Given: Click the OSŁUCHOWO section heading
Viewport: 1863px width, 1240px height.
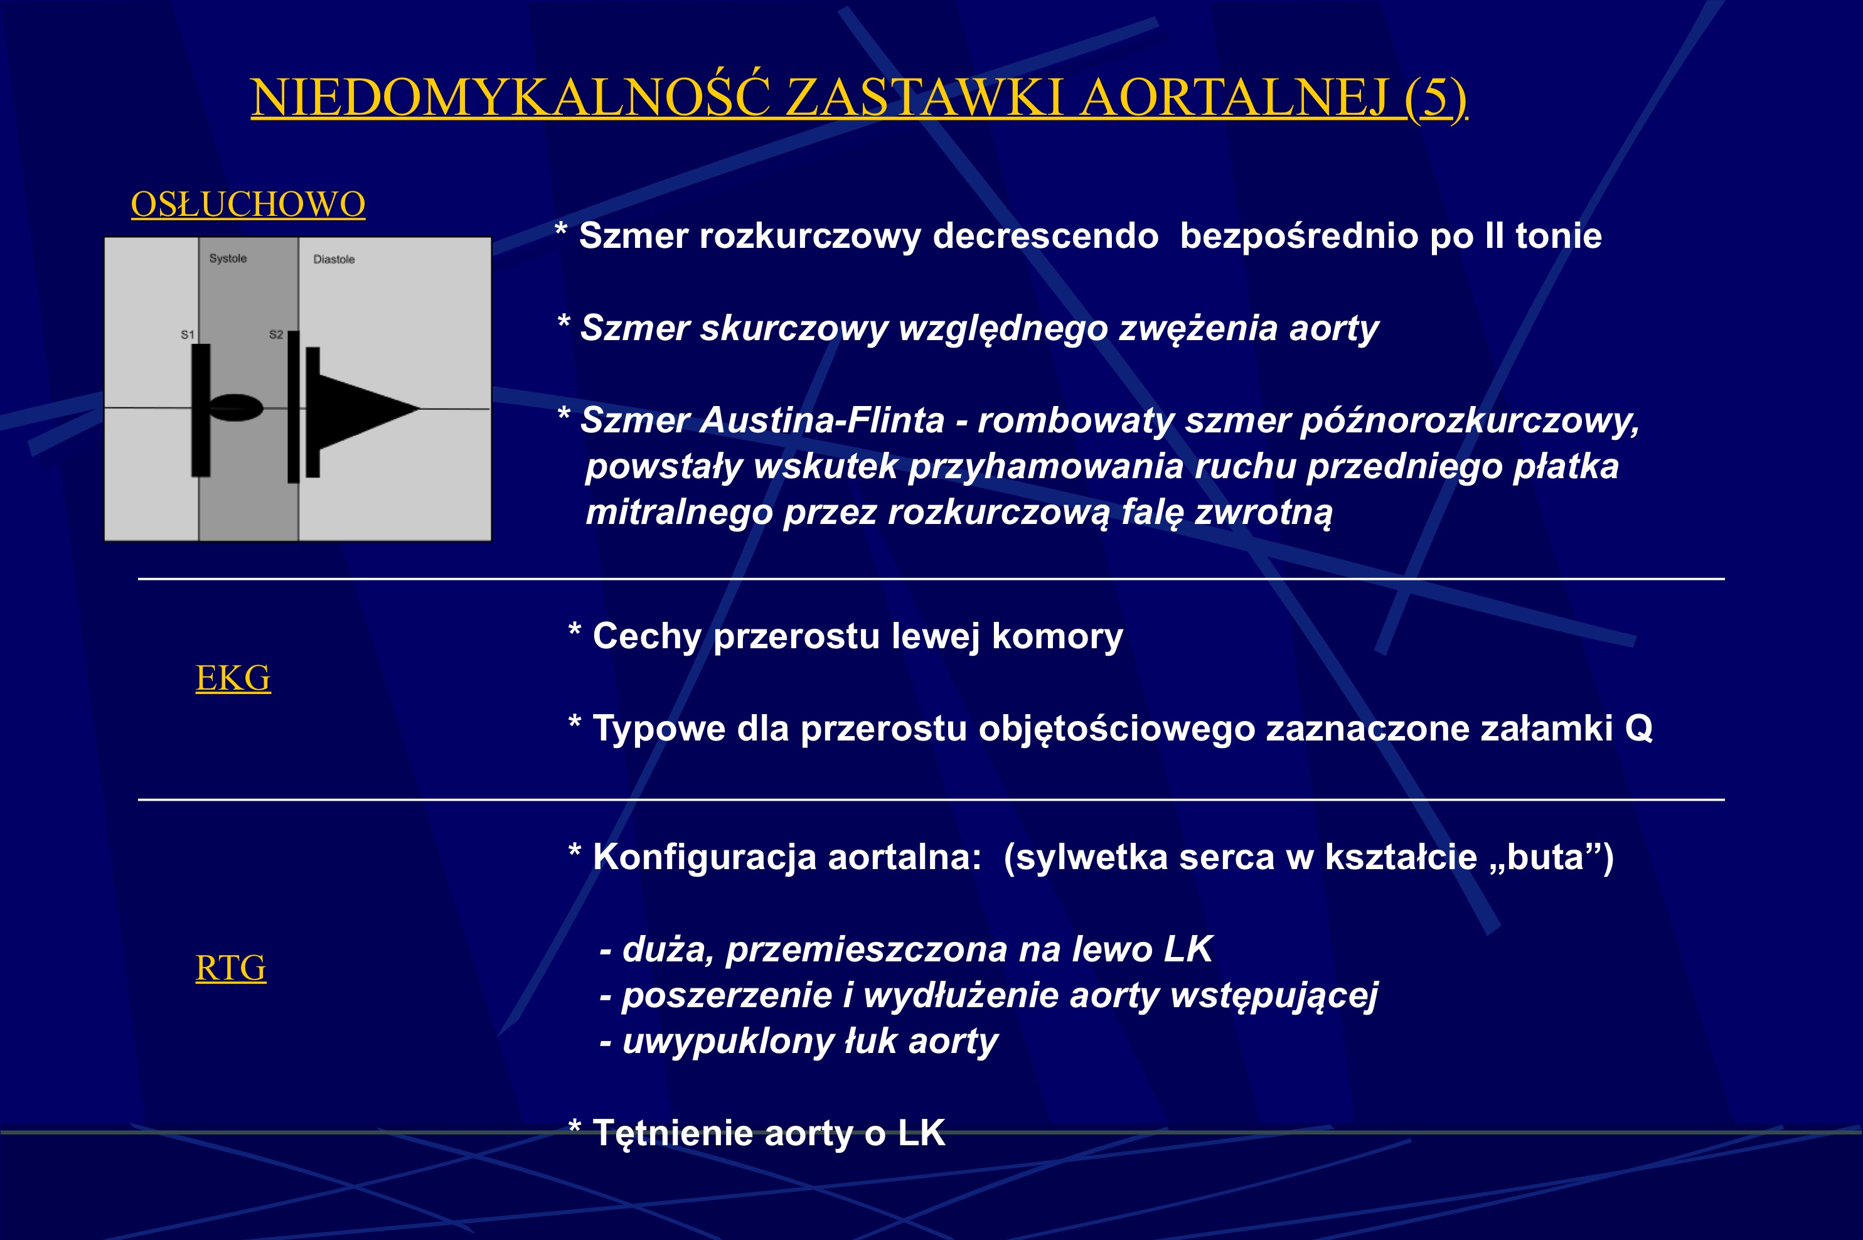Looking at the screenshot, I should coord(247,204).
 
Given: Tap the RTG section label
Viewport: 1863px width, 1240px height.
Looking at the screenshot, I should coord(230,968).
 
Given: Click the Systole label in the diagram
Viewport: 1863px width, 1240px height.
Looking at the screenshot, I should coord(228,259).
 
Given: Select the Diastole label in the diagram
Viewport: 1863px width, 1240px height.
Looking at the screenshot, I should coord(334,259).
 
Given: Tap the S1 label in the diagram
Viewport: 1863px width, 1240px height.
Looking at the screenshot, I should coord(188,334).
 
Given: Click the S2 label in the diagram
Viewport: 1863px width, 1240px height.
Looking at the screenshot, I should coord(276,334).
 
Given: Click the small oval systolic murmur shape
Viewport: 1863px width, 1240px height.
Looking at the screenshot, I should coord(236,407).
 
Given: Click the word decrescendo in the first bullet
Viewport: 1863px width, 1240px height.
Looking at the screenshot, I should coord(1045,236).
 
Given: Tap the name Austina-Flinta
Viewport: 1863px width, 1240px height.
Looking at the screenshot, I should coord(823,420).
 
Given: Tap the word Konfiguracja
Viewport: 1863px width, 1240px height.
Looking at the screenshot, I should coord(704,857).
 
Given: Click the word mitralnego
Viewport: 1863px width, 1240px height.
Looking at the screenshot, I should coord(678,513).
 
